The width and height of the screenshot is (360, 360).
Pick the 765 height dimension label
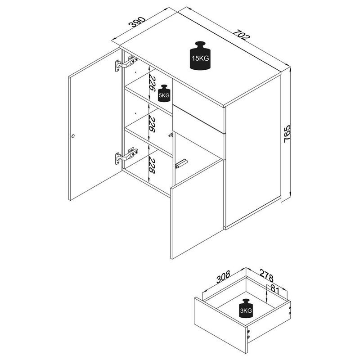(x=288, y=134)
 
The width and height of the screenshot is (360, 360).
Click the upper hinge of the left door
(x=126, y=63)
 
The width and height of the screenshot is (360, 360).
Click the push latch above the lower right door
(x=182, y=163)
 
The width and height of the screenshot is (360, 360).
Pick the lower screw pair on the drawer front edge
(x=249, y=334)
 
